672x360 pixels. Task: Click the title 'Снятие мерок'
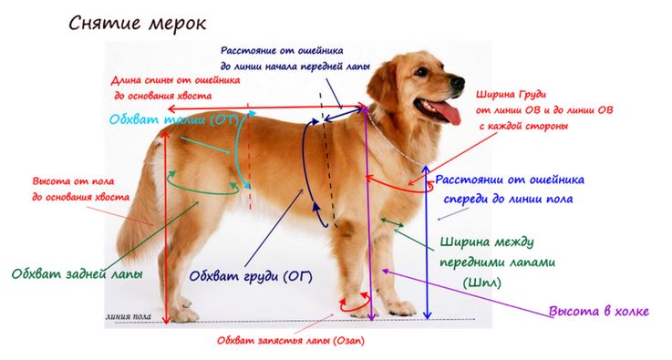tap(137, 24)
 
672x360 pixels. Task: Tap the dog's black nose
tap(458, 83)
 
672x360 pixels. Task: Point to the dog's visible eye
tap(422, 72)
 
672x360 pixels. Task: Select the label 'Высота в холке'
tap(599, 311)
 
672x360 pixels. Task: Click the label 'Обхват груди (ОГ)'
tap(251, 276)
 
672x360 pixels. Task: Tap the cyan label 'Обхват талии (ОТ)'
tap(173, 118)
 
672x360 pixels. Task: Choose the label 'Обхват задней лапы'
tap(77, 273)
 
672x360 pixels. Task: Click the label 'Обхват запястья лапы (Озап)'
tap(291, 341)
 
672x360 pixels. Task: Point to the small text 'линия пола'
tap(129, 317)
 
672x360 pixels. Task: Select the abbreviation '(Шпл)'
tap(481, 283)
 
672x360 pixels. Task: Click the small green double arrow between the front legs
tap(392, 222)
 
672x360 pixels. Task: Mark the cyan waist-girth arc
tap(239, 150)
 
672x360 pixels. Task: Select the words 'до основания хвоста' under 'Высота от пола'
tap(80, 198)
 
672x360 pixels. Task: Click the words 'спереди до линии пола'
tap(508, 200)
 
